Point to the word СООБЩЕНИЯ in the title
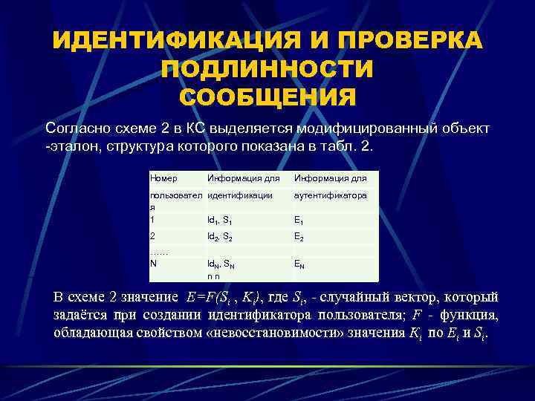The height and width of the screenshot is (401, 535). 267,97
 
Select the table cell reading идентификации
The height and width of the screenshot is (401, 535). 240,195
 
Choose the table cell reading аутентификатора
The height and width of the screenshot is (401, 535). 331,195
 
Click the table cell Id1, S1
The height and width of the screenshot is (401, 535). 223,221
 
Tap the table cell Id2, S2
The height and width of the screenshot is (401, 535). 223,237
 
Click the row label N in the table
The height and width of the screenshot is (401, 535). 153,263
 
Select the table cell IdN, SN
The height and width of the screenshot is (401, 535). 224,264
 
